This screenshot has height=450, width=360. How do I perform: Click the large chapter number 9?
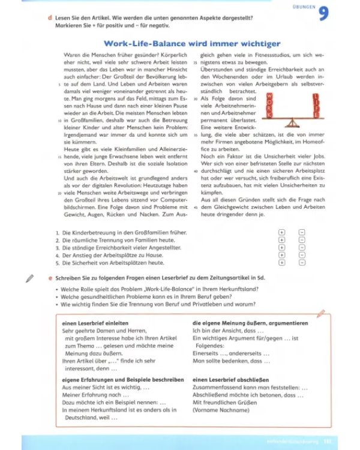coord(324,13)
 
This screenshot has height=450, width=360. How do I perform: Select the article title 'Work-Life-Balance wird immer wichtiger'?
coord(184,44)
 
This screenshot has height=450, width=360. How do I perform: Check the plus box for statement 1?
coord(281,232)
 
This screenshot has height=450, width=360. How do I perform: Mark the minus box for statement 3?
coord(301,247)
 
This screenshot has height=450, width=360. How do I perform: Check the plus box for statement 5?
coord(281,262)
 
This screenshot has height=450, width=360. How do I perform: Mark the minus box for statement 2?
coord(301,239)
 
